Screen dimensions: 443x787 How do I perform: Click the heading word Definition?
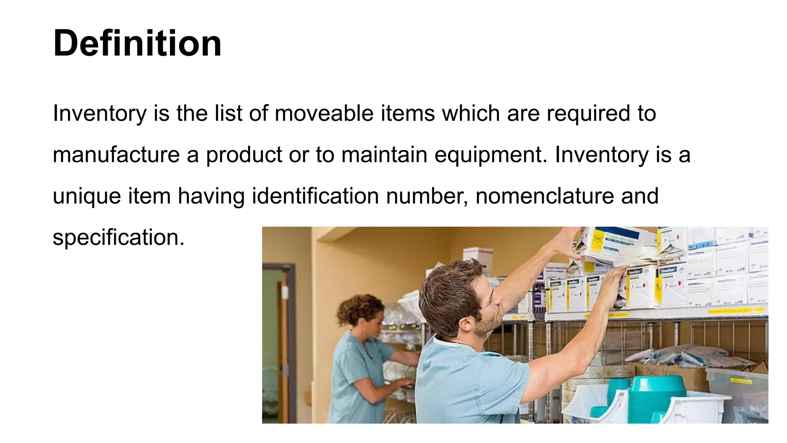point(137,43)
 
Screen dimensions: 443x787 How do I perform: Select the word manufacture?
point(116,155)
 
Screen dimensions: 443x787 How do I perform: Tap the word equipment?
point(490,155)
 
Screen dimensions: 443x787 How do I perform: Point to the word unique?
point(86,196)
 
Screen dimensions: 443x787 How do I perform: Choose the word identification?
point(315,196)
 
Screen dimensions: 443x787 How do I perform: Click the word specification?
point(118,237)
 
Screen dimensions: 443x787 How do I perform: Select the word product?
point(244,155)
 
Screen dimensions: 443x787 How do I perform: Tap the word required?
point(588,113)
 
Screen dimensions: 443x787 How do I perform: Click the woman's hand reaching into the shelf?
point(405,383)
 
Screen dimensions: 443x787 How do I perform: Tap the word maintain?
point(384,155)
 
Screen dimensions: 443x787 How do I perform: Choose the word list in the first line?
point(228,113)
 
